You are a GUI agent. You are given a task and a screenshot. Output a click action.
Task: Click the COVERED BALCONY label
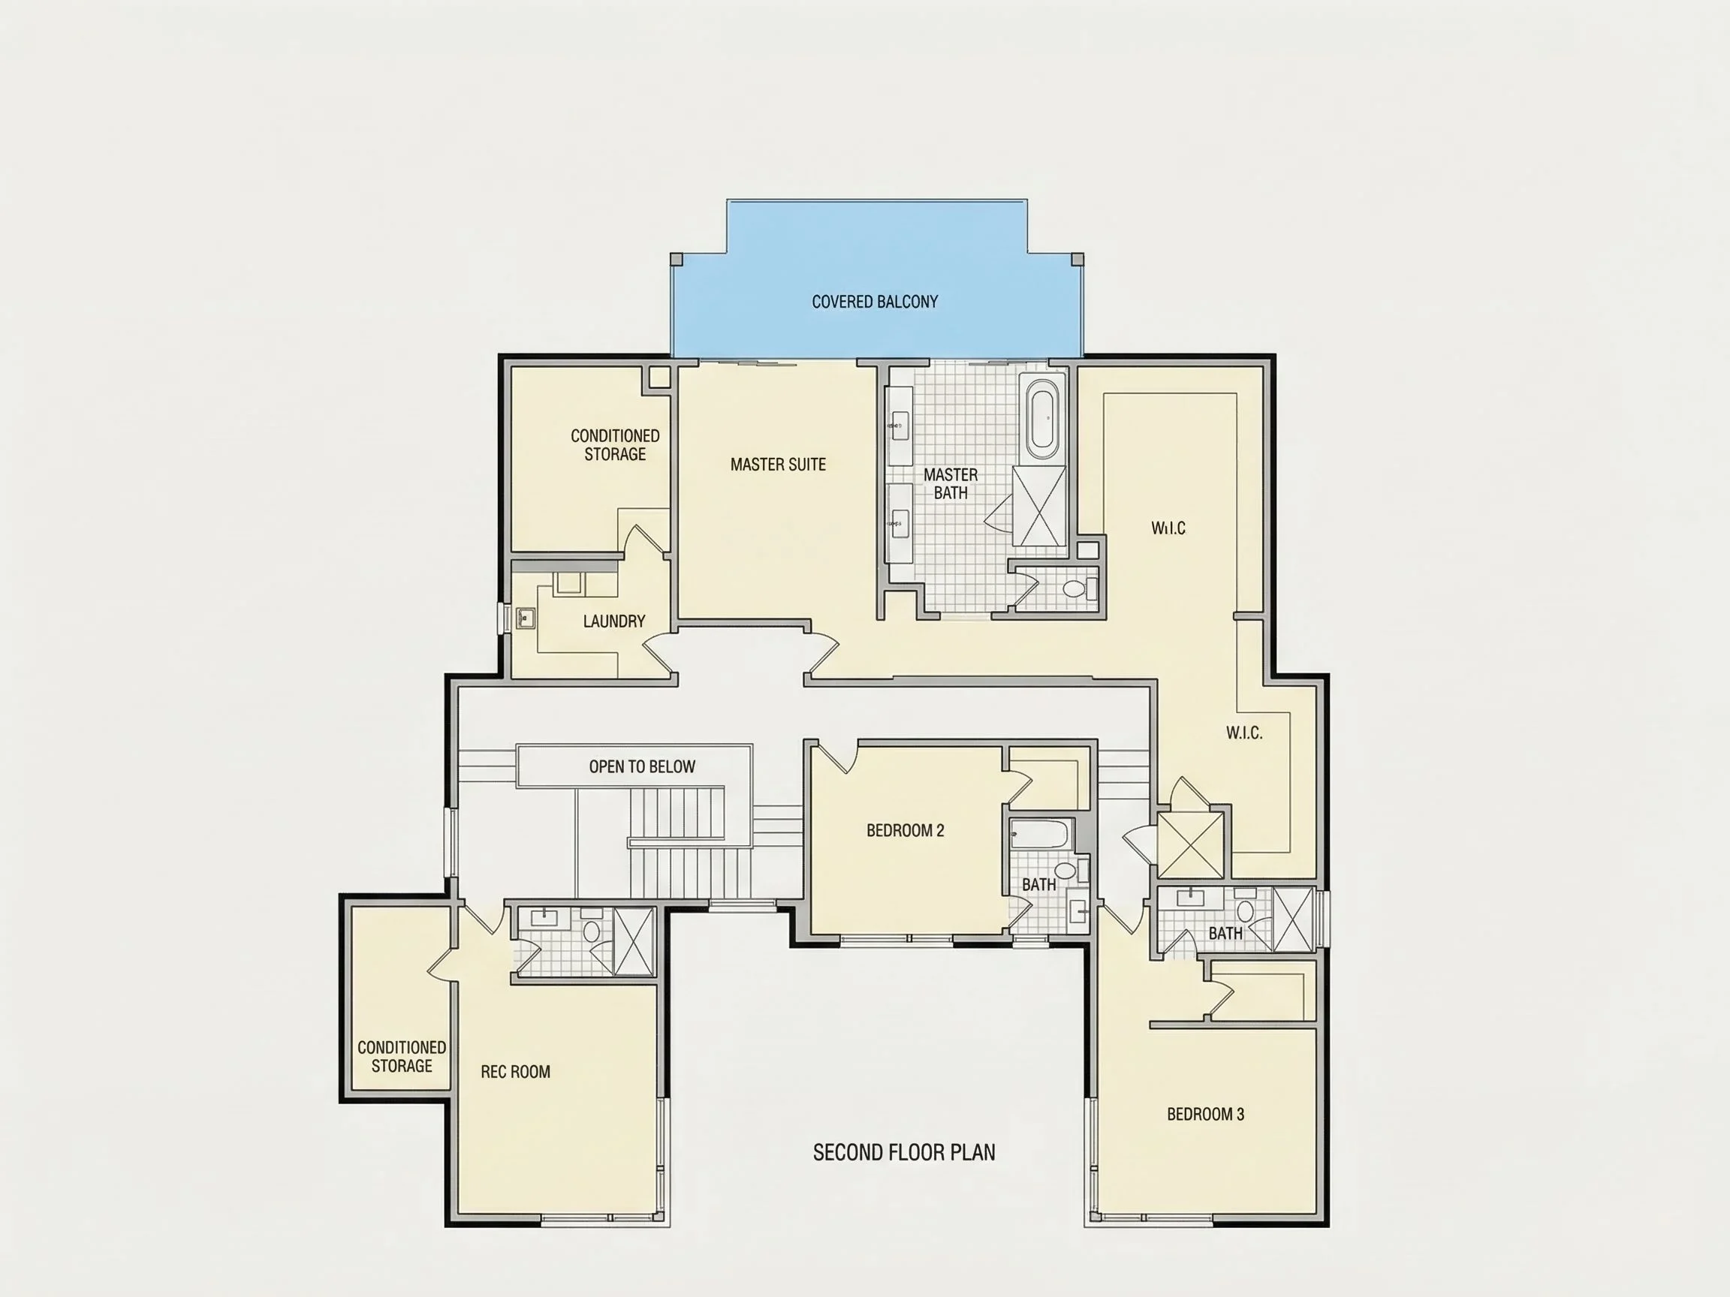tap(874, 302)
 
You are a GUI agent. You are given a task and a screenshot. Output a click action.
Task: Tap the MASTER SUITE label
tap(778, 465)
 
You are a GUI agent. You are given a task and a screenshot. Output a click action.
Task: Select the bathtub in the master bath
tap(1041, 418)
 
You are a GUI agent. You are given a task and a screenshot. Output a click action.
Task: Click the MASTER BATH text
tap(951, 484)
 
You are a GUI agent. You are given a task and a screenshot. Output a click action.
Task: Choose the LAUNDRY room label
tap(614, 621)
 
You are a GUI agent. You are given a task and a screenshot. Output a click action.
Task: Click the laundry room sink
tap(526, 618)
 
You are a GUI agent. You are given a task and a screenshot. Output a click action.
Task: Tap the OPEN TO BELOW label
tap(642, 767)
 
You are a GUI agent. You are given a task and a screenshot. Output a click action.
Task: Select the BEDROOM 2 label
tap(905, 830)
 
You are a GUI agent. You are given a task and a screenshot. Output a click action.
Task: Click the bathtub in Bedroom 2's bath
tap(1038, 834)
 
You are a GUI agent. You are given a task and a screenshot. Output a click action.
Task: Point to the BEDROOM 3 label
tap(1205, 1114)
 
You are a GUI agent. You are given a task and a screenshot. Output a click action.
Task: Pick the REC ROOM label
tap(515, 1072)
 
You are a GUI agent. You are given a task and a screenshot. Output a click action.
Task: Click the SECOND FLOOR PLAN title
tap(904, 1152)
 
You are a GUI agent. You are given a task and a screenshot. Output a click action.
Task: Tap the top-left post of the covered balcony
tap(677, 259)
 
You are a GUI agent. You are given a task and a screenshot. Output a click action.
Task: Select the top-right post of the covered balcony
tap(1077, 259)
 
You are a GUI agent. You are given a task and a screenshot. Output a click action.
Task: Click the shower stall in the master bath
tap(1039, 506)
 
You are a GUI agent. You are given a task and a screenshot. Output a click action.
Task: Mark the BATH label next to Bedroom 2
tap(1038, 884)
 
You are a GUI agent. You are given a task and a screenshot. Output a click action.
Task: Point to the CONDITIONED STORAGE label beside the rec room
tap(402, 1056)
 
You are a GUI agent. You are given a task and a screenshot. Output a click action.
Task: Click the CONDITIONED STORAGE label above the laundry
tap(615, 445)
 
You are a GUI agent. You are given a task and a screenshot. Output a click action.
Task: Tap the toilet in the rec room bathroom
tap(591, 929)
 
